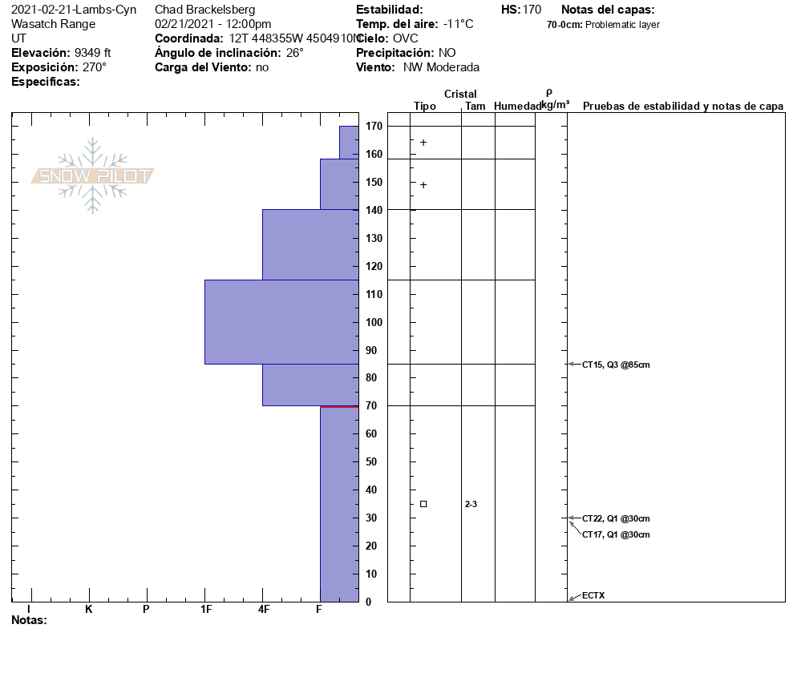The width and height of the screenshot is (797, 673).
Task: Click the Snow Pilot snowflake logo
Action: click(93, 175)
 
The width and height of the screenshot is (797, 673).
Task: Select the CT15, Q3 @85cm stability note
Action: click(616, 365)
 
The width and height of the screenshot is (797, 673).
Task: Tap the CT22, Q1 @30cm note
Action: click(616, 518)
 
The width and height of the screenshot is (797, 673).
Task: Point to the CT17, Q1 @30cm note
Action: click(616, 534)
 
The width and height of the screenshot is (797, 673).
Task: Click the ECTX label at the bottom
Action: click(593, 595)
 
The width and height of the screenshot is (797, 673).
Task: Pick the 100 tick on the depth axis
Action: click(373, 322)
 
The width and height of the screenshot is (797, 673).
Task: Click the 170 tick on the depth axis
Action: click(373, 127)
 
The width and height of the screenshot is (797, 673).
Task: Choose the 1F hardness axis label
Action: click(206, 609)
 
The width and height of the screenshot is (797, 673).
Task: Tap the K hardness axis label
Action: click(89, 609)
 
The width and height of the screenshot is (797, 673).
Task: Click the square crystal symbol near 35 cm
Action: click(423, 504)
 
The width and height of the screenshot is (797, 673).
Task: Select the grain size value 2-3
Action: click(471, 504)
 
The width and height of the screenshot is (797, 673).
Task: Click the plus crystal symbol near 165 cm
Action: click(423, 143)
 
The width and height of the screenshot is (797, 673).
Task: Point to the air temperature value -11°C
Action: click(458, 24)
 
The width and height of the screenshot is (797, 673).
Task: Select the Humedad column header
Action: click(517, 106)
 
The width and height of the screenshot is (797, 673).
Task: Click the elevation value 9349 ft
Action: click(92, 53)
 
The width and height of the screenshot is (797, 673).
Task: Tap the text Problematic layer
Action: click(623, 25)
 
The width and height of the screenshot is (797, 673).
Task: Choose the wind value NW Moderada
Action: click(441, 67)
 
